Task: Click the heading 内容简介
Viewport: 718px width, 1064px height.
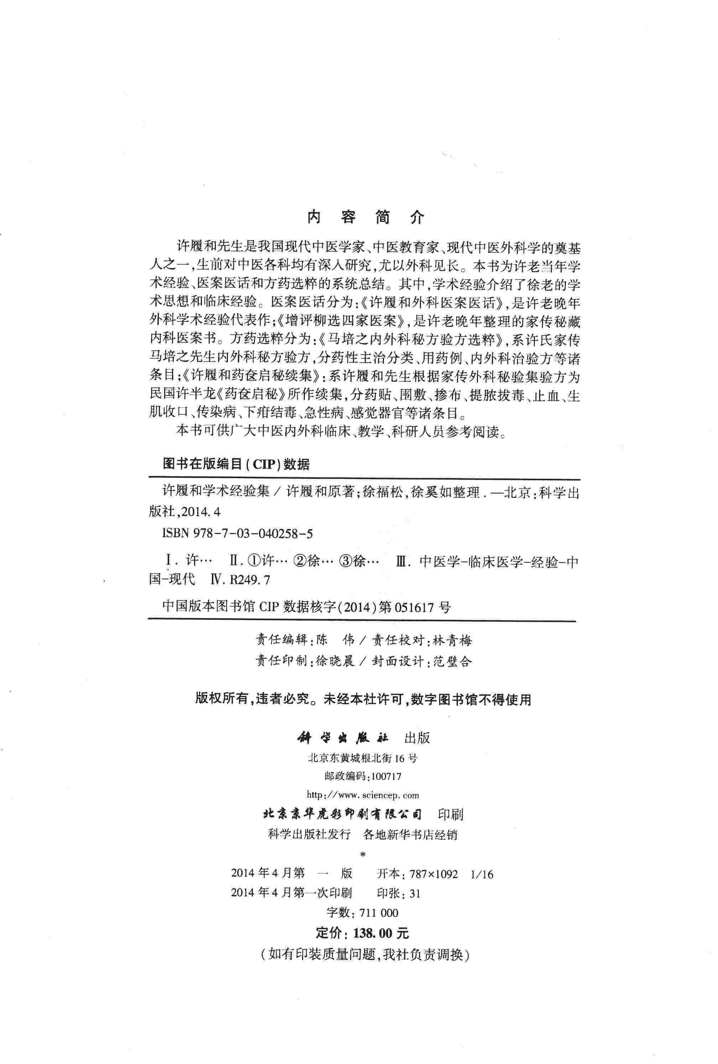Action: coord(365,217)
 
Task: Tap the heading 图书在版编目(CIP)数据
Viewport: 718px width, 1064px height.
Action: coord(236,464)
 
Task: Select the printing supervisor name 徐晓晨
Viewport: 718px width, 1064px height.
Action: coord(335,661)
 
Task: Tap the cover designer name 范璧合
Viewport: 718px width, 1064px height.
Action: coord(452,661)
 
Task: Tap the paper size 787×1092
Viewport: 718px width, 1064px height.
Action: coord(434,874)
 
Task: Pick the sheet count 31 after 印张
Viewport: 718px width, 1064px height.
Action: coord(415,893)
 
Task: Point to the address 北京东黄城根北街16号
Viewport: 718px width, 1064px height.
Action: coord(363,758)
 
